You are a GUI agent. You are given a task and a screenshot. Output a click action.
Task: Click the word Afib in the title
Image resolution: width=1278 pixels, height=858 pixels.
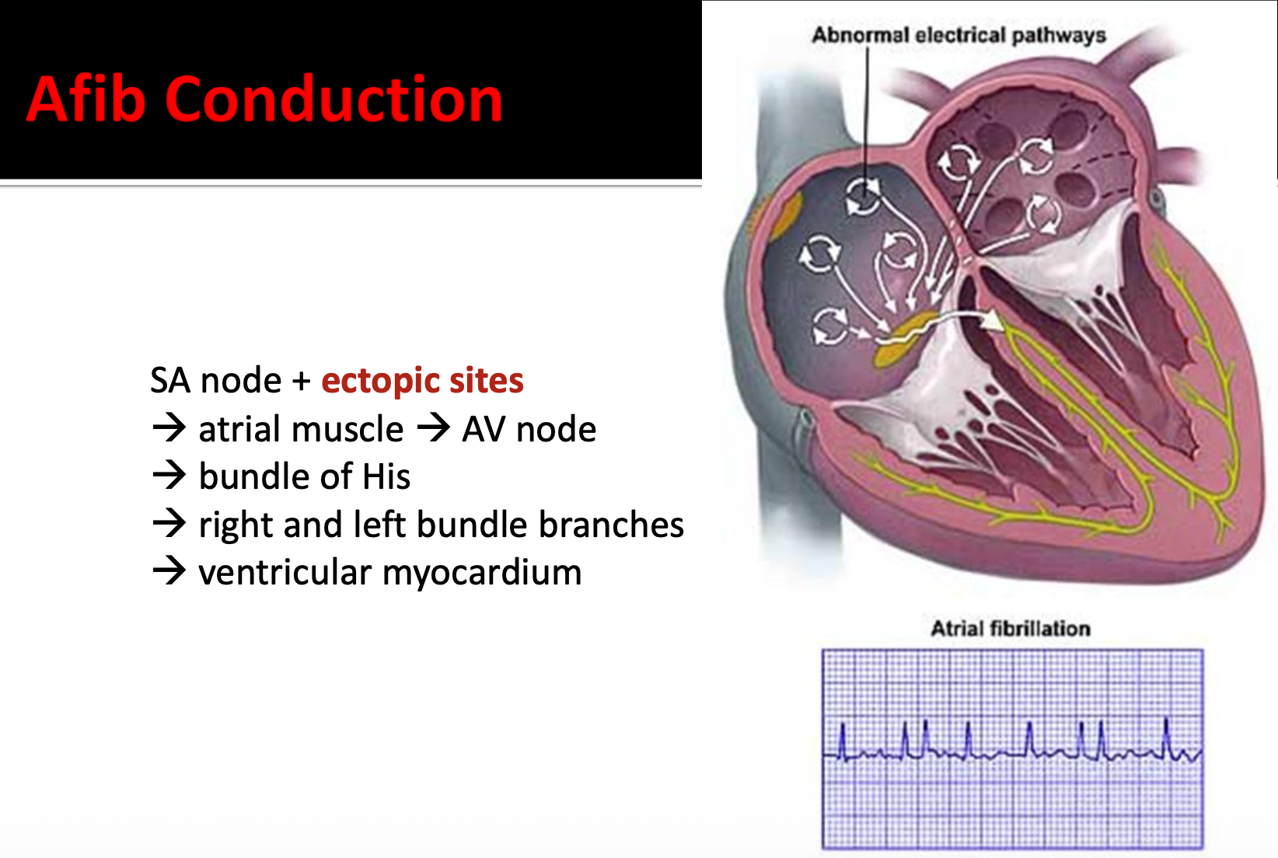86,99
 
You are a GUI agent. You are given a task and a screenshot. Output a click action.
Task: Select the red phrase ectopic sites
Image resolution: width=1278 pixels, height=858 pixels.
422,381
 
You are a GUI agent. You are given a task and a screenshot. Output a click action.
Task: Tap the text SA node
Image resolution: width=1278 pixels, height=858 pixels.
215,381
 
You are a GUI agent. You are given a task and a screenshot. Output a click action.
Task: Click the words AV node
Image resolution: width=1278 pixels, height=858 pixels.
529,429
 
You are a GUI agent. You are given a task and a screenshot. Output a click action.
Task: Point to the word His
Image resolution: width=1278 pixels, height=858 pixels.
386,476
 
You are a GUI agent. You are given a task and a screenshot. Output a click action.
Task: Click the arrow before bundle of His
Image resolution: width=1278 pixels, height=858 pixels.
169,475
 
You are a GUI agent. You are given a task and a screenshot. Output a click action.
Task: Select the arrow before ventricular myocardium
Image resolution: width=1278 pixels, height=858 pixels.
169,571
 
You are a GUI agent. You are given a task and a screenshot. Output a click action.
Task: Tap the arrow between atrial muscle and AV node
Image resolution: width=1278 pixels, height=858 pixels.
433,427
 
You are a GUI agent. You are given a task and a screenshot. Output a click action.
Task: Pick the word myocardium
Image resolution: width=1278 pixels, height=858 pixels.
482,573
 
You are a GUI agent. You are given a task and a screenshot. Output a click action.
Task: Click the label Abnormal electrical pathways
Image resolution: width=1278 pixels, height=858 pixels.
958,35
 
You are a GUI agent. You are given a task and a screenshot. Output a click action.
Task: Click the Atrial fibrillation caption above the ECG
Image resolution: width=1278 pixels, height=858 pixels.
1011,628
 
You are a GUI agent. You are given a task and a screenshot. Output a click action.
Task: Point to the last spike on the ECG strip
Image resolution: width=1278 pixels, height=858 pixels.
1166,734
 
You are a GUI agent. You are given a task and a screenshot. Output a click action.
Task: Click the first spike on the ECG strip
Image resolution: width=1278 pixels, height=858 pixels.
843,738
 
